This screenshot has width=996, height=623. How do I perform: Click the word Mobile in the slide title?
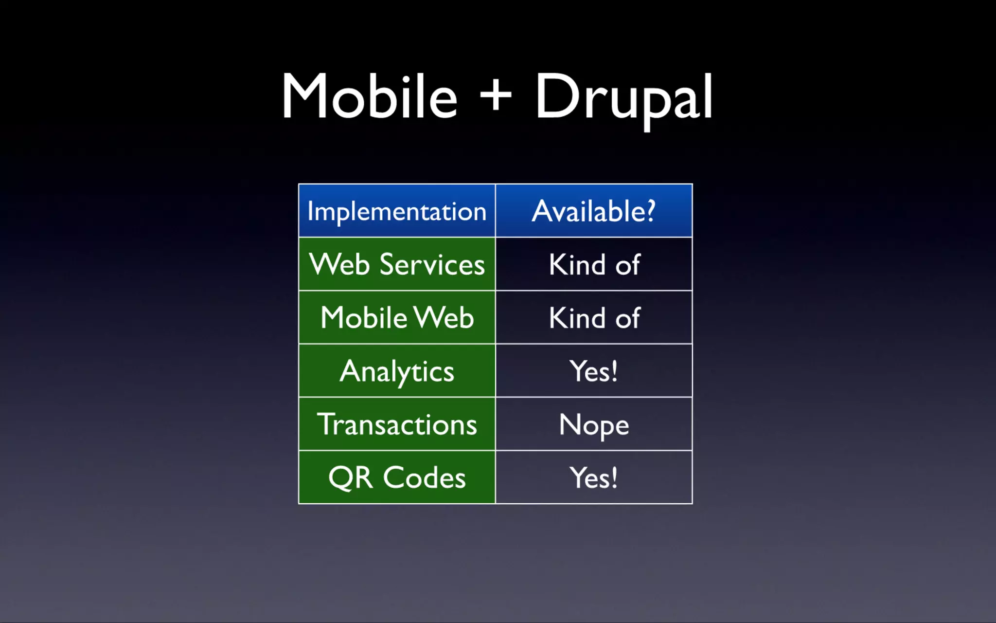[370, 96]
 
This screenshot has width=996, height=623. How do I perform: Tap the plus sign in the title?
[496, 95]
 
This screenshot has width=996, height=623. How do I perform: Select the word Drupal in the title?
[623, 97]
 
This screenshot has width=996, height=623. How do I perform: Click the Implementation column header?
[397, 212]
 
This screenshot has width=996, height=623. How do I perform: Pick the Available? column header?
[593, 212]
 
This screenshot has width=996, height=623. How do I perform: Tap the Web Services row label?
[397, 265]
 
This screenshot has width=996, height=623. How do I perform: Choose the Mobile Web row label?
[397, 318]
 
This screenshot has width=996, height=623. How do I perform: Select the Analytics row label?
[397, 371]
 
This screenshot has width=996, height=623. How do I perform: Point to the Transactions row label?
[397, 424]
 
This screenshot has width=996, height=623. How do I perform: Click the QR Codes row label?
[397, 477]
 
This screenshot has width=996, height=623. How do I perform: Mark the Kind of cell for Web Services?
[594, 265]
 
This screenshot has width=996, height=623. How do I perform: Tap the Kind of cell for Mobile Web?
[594, 318]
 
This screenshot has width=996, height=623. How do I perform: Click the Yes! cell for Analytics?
[594, 371]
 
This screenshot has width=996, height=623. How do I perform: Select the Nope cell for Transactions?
[594, 424]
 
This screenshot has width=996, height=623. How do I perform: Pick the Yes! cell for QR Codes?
[594, 477]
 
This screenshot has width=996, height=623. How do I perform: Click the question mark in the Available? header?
[650, 211]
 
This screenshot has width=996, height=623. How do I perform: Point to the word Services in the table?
[432, 265]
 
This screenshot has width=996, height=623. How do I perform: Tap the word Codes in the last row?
[424, 477]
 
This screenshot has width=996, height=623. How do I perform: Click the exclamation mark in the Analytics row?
[614, 371]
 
